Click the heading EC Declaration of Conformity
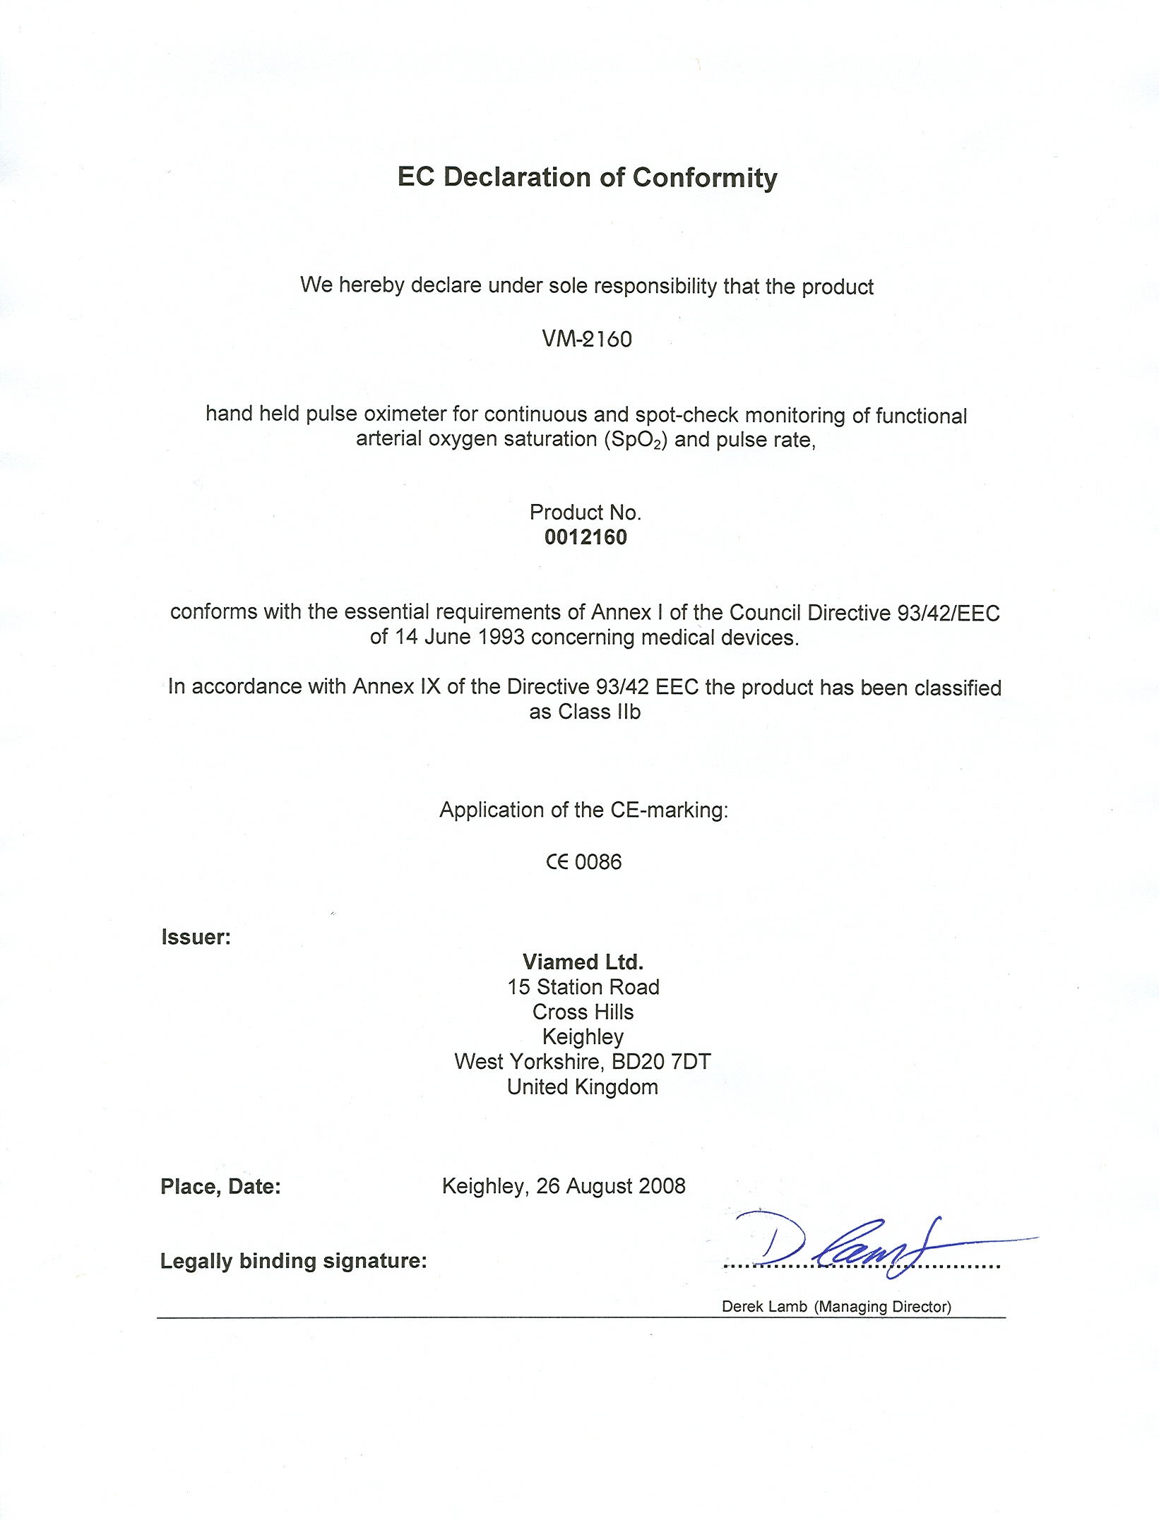tap(587, 177)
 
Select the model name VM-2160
tap(587, 340)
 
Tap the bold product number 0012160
tap(586, 537)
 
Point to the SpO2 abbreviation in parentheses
tap(635, 440)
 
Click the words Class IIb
tap(599, 712)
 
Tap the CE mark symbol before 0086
tap(557, 862)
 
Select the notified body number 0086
tap(598, 862)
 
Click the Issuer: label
tap(196, 937)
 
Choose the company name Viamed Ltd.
tap(583, 962)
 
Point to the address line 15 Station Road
tap(583, 987)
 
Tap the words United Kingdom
tap(583, 1087)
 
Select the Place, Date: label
tap(220, 1187)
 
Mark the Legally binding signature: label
tap(293, 1261)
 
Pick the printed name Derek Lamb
tap(764, 1307)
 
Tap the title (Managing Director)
tap(883, 1307)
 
